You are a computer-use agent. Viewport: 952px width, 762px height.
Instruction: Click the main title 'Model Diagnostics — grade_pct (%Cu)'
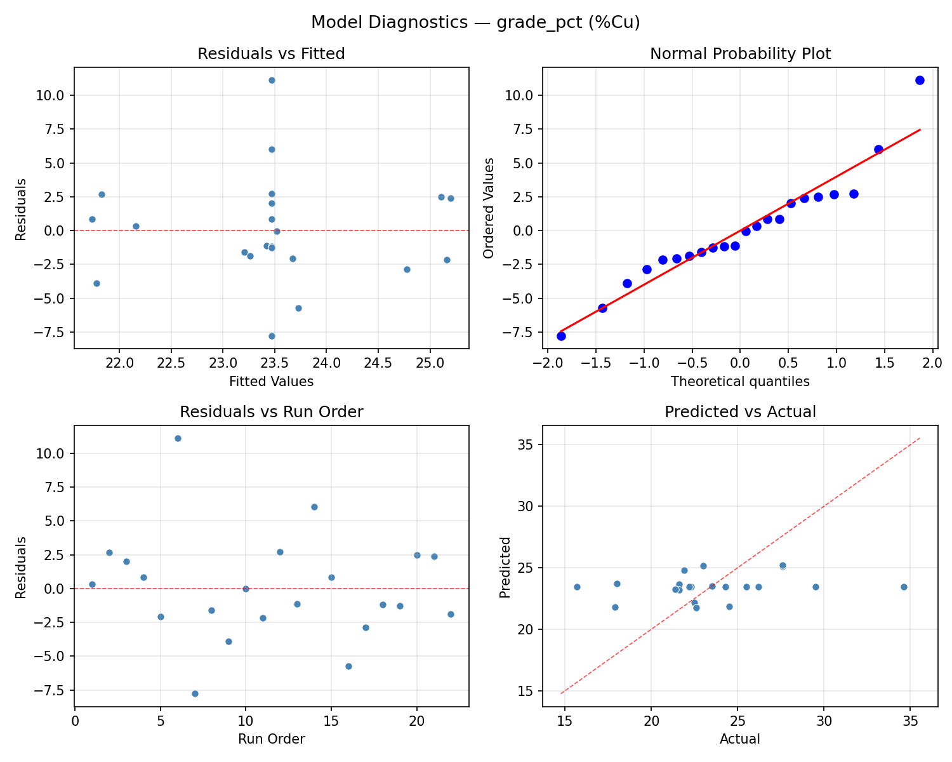point(475,23)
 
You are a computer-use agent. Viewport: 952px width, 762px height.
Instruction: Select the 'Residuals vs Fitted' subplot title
point(271,54)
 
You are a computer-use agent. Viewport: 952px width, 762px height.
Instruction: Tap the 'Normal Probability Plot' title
point(740,54)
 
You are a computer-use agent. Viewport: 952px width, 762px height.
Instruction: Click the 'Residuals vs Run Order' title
point(271,412)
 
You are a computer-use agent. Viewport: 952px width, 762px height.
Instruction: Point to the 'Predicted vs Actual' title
point(740,412)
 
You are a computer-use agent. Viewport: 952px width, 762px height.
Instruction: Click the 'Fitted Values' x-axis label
point(271,382)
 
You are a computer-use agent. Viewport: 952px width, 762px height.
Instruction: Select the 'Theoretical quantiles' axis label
point(740,382)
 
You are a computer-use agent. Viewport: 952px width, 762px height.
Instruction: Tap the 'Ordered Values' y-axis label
point(488,208)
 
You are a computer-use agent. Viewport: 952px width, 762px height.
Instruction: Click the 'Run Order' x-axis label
point(271,739)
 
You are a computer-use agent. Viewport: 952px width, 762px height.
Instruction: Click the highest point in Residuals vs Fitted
point(272,80)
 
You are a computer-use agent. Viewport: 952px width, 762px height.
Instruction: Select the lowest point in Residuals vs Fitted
point(272,336)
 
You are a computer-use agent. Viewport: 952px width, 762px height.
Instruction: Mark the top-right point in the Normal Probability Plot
point(920,80)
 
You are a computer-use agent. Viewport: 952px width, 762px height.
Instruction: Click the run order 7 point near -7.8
point(195,693)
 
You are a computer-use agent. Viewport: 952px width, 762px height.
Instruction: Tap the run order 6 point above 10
point(178,438)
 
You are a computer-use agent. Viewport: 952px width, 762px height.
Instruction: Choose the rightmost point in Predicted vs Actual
point(904,587)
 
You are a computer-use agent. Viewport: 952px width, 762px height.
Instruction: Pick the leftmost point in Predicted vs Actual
point(577,587)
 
